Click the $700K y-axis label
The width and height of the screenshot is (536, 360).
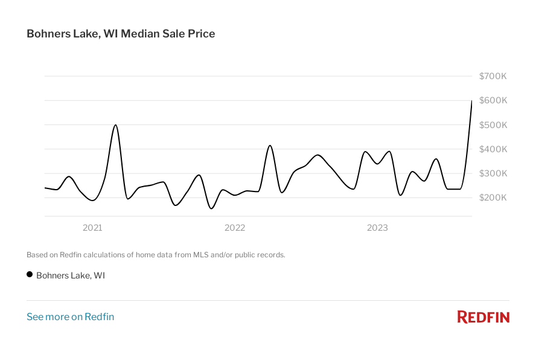[x=493, y=76]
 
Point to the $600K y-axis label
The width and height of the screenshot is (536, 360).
[x=493, y=100]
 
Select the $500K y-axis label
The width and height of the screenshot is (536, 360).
[x=493, y=125]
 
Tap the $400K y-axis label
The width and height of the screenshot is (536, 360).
[x=493, y=149]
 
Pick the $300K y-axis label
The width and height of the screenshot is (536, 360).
[x=493, y=173]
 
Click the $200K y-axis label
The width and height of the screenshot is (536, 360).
[x=493, y=198]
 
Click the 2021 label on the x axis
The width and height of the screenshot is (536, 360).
[x=92, y=228]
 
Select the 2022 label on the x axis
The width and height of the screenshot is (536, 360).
[x=235, y=228]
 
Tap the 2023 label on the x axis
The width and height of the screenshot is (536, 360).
[x=378, y=228]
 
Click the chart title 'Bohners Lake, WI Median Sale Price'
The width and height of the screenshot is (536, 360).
[x=121, y=34]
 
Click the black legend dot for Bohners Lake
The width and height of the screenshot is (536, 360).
[x=30, y=275]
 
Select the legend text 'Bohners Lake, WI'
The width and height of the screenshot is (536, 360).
[x=71, y=275]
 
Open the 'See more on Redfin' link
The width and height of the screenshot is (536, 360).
[x=70, y=317]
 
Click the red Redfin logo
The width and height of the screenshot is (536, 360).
[x=483, y=317]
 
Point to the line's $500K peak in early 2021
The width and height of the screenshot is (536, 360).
[x=115, y=125]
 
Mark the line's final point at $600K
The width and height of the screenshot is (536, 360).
[x=471, y=101]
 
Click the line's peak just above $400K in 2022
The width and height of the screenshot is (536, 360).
[x=270, y=146]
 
